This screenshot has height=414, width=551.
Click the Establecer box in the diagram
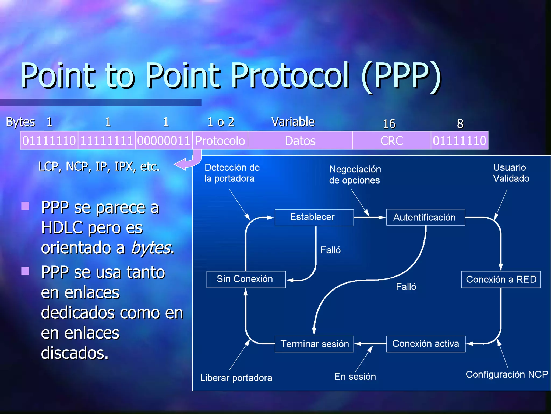point(314,217)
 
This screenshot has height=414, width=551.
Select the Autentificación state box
point(425,217)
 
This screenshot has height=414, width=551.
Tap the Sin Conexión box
point(246,279)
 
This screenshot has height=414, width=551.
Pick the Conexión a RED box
point(500,279)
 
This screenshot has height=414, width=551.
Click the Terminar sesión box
point(314,344)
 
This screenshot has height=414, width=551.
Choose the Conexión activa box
point(425,344)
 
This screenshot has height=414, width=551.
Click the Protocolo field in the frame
point(220,141)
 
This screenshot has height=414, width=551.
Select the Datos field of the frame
point(300,141)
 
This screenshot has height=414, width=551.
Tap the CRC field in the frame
point(391,141)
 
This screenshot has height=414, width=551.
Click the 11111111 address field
point(107,141)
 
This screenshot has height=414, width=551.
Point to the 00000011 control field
point(164,141)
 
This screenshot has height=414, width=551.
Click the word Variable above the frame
point(293,122)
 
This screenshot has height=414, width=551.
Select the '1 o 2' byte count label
point(221,122)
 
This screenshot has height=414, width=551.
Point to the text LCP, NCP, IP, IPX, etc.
point(99,167)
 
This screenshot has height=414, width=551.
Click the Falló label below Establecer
point(330,250)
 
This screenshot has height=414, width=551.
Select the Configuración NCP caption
point(506,374)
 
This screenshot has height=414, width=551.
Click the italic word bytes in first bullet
point(151,248)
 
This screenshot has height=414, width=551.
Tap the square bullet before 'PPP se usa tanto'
point(25,271)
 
